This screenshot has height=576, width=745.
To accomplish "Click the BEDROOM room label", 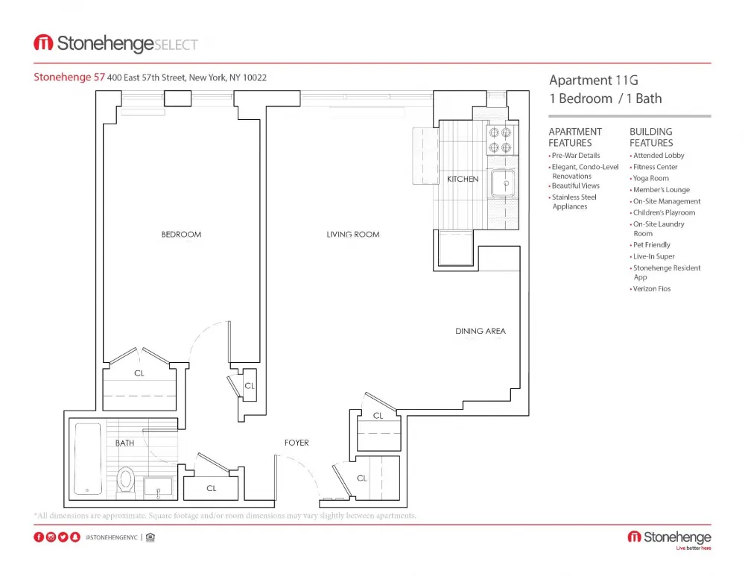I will [181, 235].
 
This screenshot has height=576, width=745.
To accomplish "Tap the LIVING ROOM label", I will [352, 235].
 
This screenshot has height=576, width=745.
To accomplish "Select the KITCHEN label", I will [463, 180].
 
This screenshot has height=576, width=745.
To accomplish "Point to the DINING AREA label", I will [481, 331].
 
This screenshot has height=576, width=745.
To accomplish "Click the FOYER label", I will [297, 443].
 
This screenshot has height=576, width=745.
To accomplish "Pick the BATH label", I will [124, 443].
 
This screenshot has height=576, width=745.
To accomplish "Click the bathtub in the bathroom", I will [88, 459].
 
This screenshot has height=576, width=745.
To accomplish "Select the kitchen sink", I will [503, 183].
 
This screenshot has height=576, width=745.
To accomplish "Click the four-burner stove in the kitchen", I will [501, 139].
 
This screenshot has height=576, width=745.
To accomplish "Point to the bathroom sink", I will [158, 487].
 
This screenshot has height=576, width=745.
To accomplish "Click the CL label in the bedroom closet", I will [139, 373].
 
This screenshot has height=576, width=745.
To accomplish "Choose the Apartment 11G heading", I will [594, 80].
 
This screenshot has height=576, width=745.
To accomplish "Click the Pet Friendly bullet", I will [651, 244].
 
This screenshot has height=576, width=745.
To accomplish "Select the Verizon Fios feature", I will [652, 288].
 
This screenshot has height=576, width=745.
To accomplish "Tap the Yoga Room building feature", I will [650, 178].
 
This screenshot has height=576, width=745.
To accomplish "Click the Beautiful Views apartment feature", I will [575, 186].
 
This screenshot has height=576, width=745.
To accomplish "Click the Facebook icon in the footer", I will [39, 537].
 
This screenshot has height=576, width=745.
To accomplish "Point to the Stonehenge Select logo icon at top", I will [42, 43].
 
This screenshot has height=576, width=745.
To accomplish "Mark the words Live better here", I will [693, 548].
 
